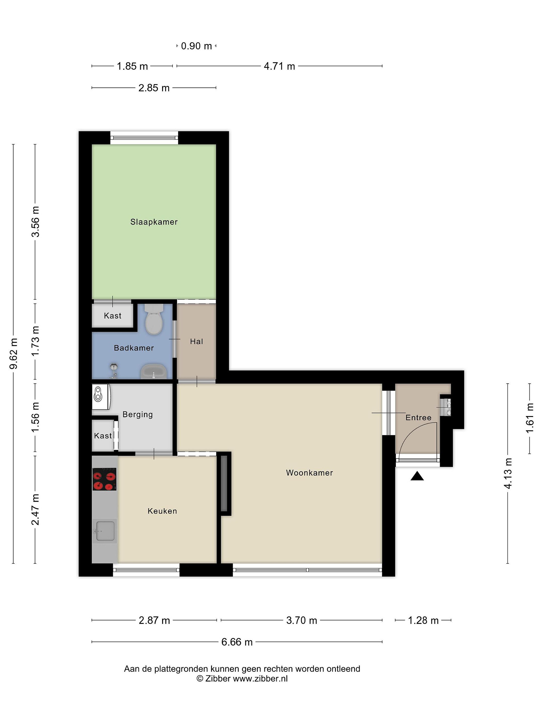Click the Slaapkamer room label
click(x=154, y=222)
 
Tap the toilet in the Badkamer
click(x=154, y=319)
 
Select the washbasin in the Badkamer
click(x=154, y=372)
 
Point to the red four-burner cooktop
click(x=104, y=479)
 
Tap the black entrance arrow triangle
click(x=417, y=476)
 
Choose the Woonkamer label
click(x=309, y=473)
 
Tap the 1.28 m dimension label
click(x=423, y=620)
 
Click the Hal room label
click(x=196, y=341)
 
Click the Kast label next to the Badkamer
click(x=113, y=315)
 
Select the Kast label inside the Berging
click(x=103, y=436)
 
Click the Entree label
click(x=418, y=417)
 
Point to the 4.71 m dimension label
click(x=280, y=66)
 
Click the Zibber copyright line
click(x=242, y=678)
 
